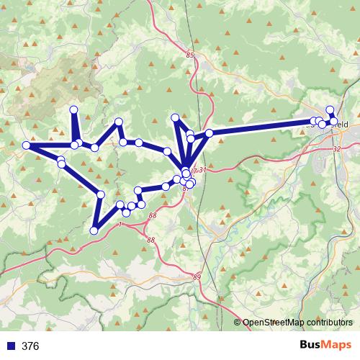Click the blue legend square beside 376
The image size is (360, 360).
[x=11, y=346]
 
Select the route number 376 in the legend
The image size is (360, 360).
[x=30, y=346]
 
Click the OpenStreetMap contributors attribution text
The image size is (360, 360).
[x=297, y=323]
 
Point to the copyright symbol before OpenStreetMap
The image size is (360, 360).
[x=237, y=323]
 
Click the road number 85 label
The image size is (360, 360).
[x=189, y=55]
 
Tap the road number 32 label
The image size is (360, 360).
[x=338, y=149]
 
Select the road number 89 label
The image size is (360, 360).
[x=197, y=276]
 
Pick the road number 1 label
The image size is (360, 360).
[x=119, y=225]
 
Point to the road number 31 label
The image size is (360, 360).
[x=203, y=170]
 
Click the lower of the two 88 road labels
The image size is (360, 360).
[x=150, y=240]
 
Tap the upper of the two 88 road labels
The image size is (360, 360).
[x=152, y=215]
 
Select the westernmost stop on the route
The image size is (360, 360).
[x=26, y=145]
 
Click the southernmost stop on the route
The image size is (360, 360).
[x=94, y=230]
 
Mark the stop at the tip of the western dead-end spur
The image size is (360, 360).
[x=73, y=109]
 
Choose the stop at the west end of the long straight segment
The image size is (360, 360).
[x=209, y=133]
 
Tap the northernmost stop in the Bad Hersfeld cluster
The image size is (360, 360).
[x=330, y=110]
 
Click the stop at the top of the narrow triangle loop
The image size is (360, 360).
[x=174, y=117]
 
